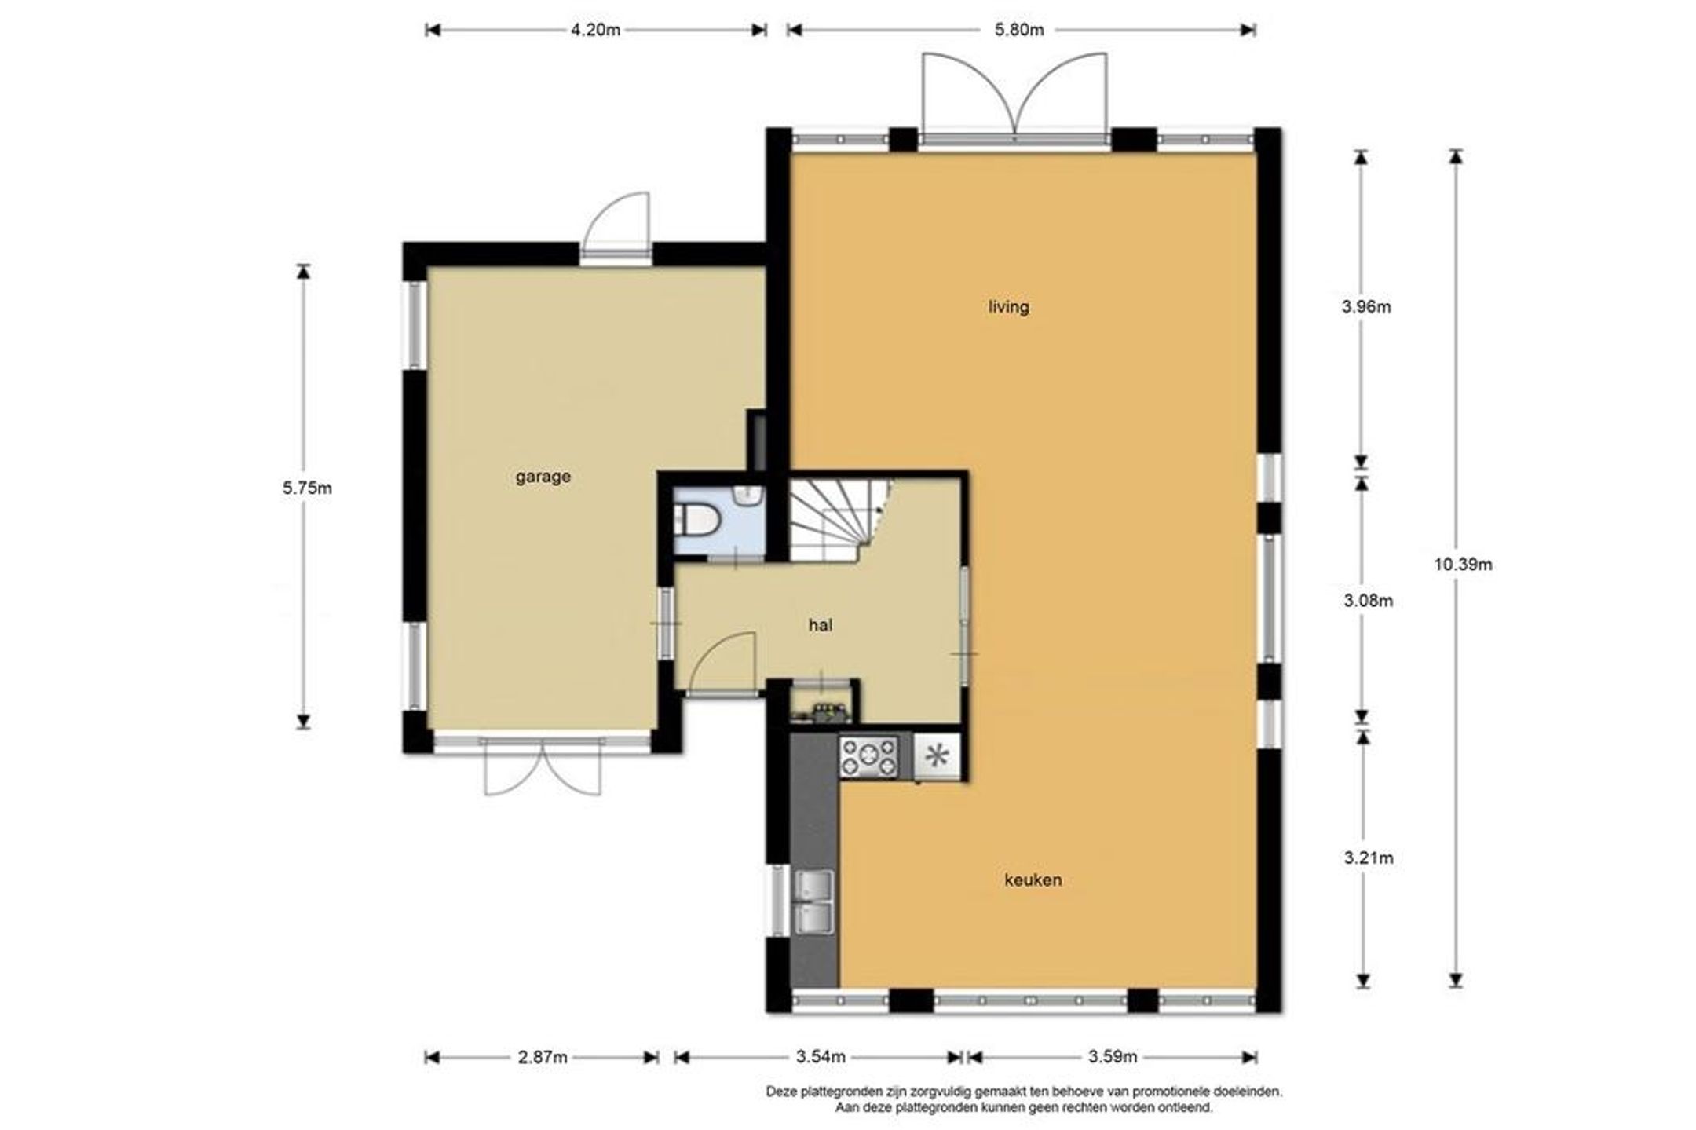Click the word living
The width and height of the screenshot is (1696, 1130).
[x=1008, y=307]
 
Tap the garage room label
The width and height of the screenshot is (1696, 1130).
[x=543, y=477]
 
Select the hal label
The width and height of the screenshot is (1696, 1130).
[x=820, y=625]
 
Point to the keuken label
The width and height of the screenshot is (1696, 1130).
[x=1033, y=880]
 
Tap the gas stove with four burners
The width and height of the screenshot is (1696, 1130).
[x=868, y=756]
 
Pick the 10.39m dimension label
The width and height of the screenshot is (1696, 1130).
[x=1463, y=565]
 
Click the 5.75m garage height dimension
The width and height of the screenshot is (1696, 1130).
[x=307, y=488]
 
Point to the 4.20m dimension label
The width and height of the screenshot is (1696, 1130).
[x=595, y=30]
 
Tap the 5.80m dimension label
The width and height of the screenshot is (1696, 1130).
[x=1019, y=30]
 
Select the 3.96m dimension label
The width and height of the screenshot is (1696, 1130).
[x=1366, y=307]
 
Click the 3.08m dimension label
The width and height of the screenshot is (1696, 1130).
[x=1368, y=602]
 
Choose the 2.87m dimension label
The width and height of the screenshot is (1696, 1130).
[x=542, y=1057]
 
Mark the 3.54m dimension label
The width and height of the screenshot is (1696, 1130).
[x=821, y=1057]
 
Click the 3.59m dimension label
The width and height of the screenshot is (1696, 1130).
[x=1113, y=1057]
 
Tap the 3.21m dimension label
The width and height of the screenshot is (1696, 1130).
[x=1368, y=858]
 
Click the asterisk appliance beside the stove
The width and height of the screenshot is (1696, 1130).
[x=938, y=756]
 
